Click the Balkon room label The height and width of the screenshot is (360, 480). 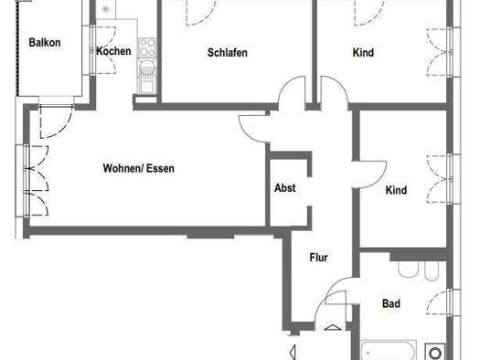(45, 42)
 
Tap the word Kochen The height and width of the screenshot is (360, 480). (113, 51)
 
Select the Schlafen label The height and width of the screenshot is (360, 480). (228, 53)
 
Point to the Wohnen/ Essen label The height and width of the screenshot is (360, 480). (138, 168)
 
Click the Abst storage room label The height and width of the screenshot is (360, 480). (284, 188)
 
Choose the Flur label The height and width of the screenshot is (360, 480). (318, 258)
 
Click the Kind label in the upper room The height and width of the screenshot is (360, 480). (363, 53)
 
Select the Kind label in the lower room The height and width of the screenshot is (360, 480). (396, 190)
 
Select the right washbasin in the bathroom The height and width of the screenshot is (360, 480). (432, 271)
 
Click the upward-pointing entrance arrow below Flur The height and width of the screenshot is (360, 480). (330, 327)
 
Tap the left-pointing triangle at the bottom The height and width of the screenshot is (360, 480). (293, 351)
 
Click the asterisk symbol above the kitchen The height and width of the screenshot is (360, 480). (105, 10)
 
